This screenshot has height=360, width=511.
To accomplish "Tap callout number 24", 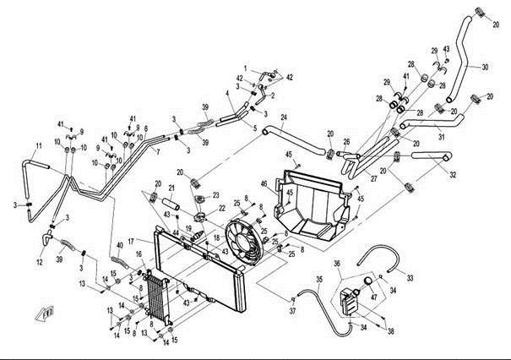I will pyautogui.click(x=284, y=117).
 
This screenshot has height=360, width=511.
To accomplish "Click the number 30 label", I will pyautogui.click(x=486, y=66).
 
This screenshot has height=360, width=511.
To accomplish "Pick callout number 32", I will pyautogui.click(x=454, y=176).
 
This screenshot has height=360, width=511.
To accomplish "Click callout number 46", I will pyautogui.click(x=264, y=184).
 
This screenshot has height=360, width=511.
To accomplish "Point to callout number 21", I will pyautogui.click(x=171, y=188).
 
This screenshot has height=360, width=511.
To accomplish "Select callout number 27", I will pyautogui.click(x=372, y=179).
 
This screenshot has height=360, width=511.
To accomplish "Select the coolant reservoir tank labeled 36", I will pyautogui.click(x=349, y=299).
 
